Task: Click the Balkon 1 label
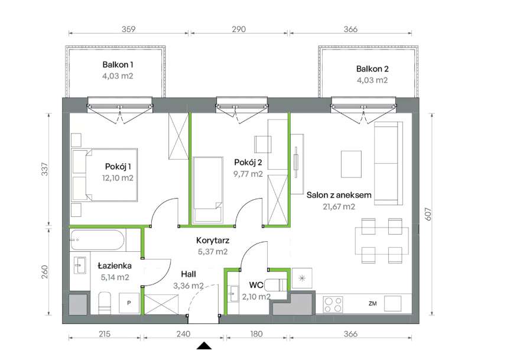118,64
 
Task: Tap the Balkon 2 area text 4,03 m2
372,80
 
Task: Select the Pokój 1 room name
118,167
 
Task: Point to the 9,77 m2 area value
248,174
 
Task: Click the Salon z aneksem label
339,195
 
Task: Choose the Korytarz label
213,241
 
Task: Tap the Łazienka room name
115,266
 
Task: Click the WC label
256,285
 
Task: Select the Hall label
188,274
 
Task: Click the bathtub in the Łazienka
97,240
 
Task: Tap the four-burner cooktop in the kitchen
333,304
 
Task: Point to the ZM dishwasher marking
372,303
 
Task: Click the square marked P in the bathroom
129,303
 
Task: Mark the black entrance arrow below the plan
204,346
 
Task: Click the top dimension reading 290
239,29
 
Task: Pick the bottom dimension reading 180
256,334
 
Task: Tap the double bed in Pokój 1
105,175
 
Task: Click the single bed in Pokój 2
207,189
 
